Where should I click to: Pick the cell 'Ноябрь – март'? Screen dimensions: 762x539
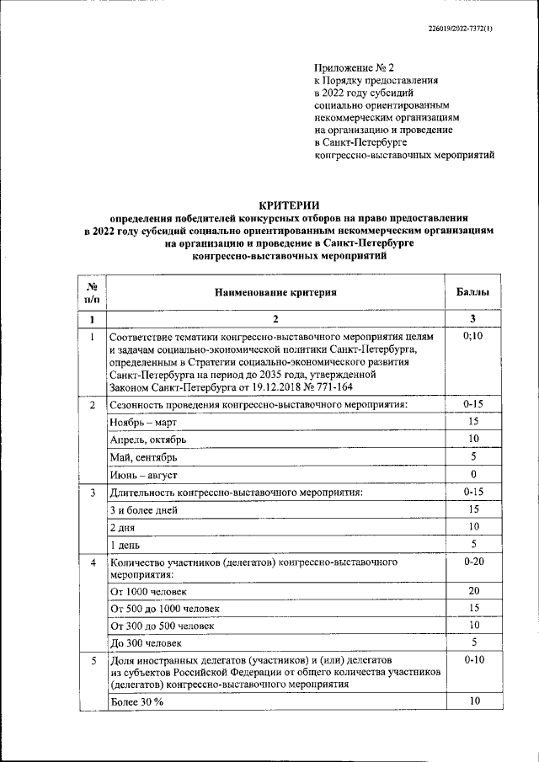pyautogui.click(x=140, y=422)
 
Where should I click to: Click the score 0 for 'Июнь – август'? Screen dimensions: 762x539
pyautogui.click(x=473, y=475)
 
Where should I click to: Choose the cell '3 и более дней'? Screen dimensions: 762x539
pyautogui.click(x=143, y=509)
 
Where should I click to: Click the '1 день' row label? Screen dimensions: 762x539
pyautogui.click(x=126, y=545)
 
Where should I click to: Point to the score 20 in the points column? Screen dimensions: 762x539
pyautogui.click(x=473, y=591)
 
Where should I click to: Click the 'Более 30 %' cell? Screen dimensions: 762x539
pyautogui.click(x=136, y=701)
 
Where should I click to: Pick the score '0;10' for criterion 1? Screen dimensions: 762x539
pyautogui.click(x=473, y=337)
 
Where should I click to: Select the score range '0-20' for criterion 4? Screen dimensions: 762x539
pyautogui.click(x=473, y=561)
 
